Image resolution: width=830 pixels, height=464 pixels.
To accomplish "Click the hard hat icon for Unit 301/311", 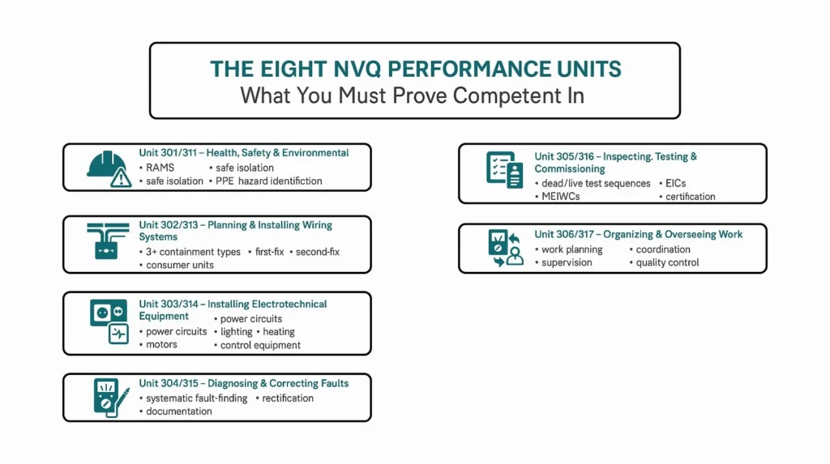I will pos(108,168).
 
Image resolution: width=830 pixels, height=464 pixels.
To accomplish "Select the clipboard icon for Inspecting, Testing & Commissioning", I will pos(503,170).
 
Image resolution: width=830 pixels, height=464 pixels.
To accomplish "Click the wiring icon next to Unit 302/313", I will pos(107,241).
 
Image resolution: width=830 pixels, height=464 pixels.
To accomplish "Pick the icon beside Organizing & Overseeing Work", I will pos(503,249).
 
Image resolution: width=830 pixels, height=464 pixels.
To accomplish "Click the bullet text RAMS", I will pos(160,168).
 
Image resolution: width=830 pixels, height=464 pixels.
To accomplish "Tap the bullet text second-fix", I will pos(317,252).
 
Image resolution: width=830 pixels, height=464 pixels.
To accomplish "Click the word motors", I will pos(161,345).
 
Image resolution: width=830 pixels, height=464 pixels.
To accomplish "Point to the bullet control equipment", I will pos(260,345).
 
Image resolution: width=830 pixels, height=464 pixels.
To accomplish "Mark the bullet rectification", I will pos(288,398).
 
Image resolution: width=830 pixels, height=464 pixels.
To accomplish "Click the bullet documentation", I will pos(178,411).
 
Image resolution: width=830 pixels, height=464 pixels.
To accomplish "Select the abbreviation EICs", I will pos(675,184).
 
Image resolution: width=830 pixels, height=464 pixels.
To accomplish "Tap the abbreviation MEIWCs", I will pos(561,197).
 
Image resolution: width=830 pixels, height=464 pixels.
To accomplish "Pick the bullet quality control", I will pos(667,262).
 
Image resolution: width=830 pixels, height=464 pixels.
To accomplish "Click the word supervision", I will pos(567,262).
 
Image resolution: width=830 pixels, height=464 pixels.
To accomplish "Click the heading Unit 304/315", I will pos(170,384).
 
